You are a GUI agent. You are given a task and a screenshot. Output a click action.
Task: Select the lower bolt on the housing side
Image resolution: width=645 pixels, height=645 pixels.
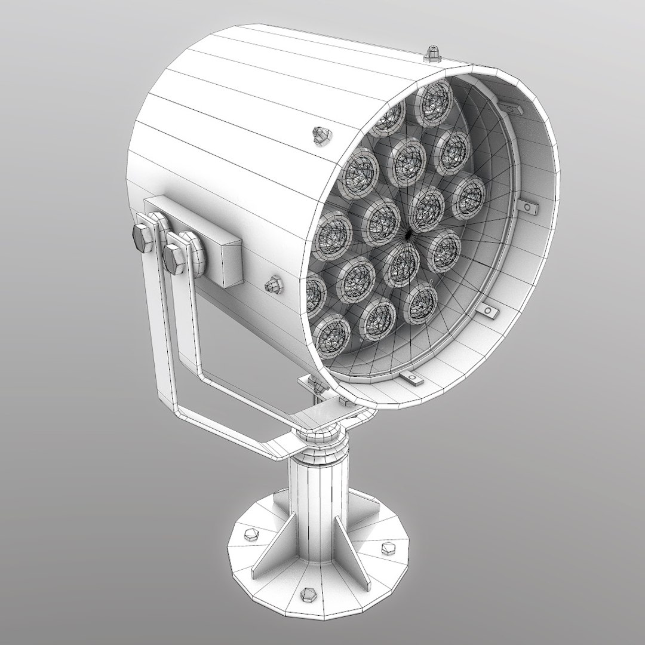[275, 285]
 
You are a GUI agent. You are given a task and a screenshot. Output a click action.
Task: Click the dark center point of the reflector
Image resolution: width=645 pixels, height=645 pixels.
[408, 235]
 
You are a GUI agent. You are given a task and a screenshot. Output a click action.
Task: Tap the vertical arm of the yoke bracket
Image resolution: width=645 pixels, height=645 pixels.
[162, 334]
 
